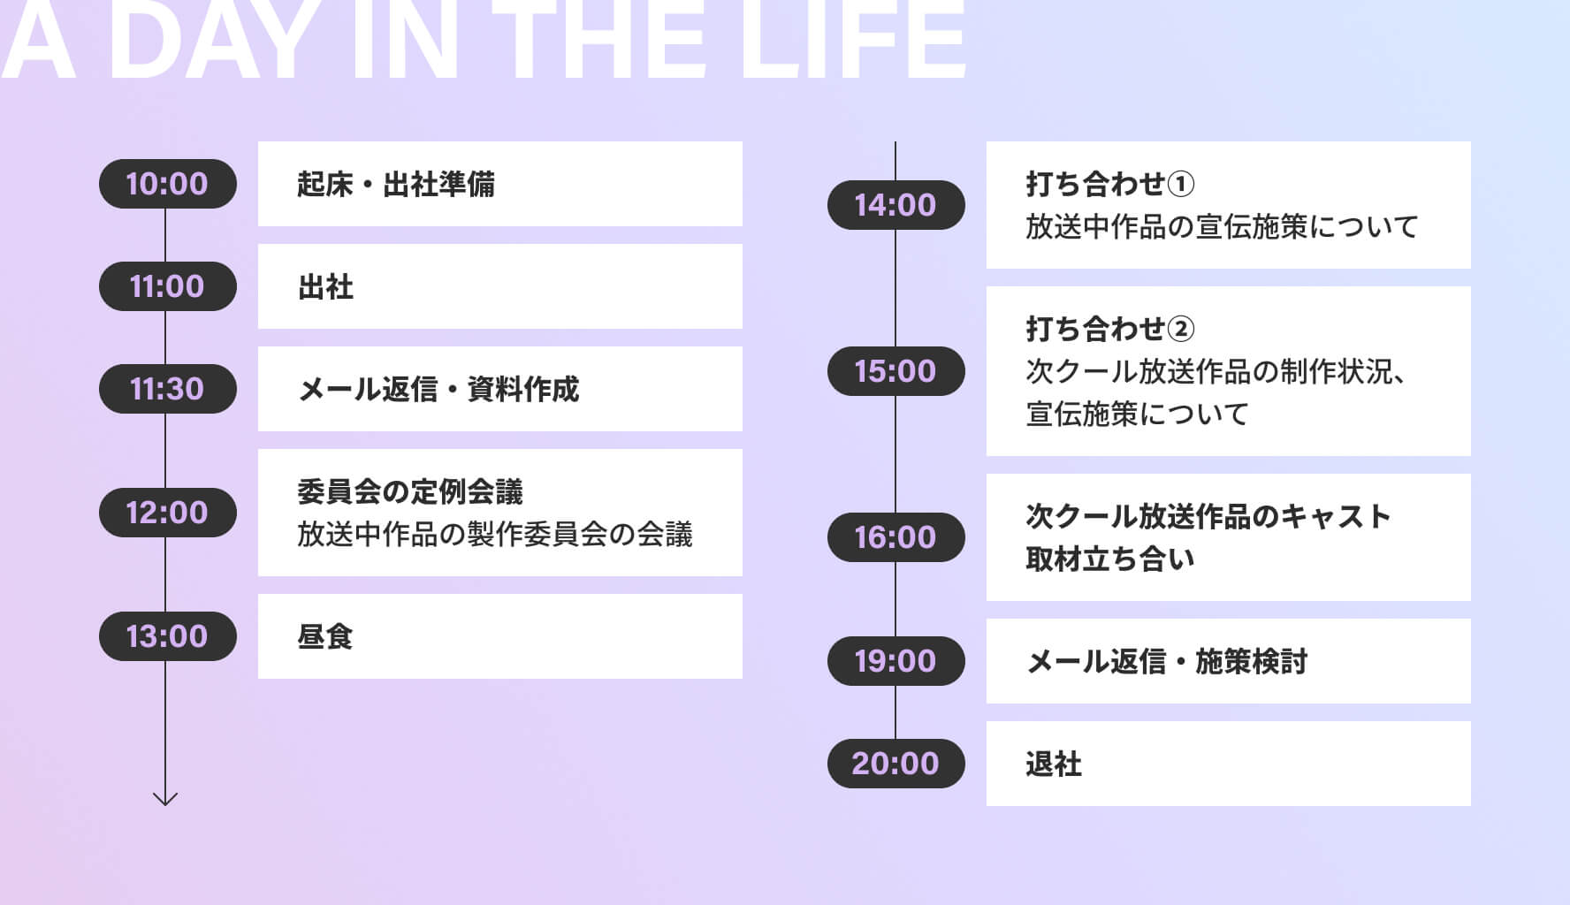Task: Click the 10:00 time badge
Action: pyautogui.click(x=167, y=184)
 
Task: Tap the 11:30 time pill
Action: pyautogui.click(x=167, y=389)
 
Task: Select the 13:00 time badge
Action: pyautogui.click(x=167, y=636)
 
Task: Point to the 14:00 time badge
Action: pyautogui.click(x=896, y=205)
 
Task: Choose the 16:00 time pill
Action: pyautogui.click(x=896, y=537)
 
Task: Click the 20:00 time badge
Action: pyautogui.click(x=896, y=764)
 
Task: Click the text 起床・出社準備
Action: pyautogui.click(x=395, y=184)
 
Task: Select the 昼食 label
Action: pyautogui.click(x=325, y=636)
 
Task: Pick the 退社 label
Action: pyautogui.click(x=1054, y=764)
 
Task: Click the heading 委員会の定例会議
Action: pyautogui.click(x=410, y=491)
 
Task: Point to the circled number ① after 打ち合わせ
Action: pyautogui.click(x=1181, y=184)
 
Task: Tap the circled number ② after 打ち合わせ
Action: pyautogui.click(x=1181, y=329)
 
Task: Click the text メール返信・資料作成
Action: pyautogui.click(x=438, y=389)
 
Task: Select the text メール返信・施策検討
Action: pyautogui.click(x=1167, y=661)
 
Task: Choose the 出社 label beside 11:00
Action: pyautogui.click(x=325, y=286)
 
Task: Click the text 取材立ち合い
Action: pyautogui.click(x=1110, y=559)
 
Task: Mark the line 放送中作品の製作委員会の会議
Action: pyautogui.click(x=495, y=534)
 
